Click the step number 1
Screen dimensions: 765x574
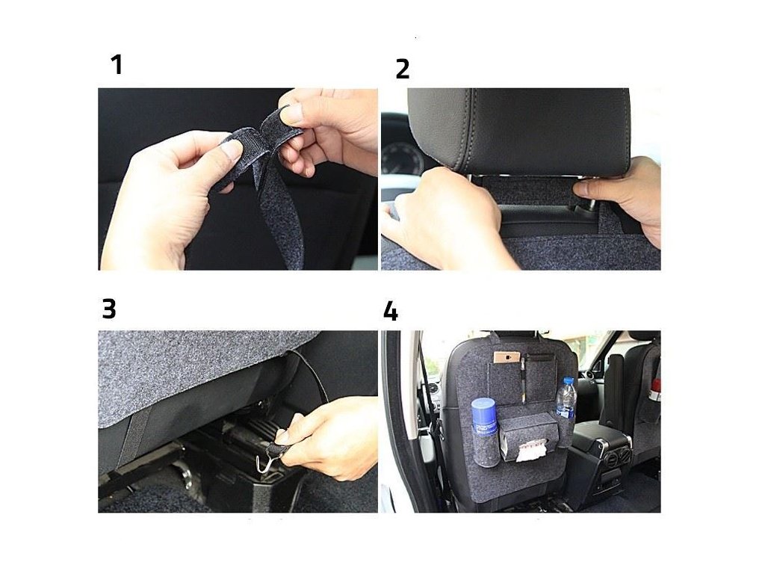[117, 65]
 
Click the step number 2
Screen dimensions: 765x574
[403, 69]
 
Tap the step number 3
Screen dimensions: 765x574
[109, 309]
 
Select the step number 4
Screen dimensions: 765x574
[390, 311]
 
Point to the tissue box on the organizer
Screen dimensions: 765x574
[528, 436]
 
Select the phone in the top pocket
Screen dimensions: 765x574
[508, 358]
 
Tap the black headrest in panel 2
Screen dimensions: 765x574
[518, 129]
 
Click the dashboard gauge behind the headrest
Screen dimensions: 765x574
[403, 158]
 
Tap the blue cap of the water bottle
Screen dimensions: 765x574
[568, 380]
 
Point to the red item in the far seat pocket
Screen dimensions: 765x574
[657, 385]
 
